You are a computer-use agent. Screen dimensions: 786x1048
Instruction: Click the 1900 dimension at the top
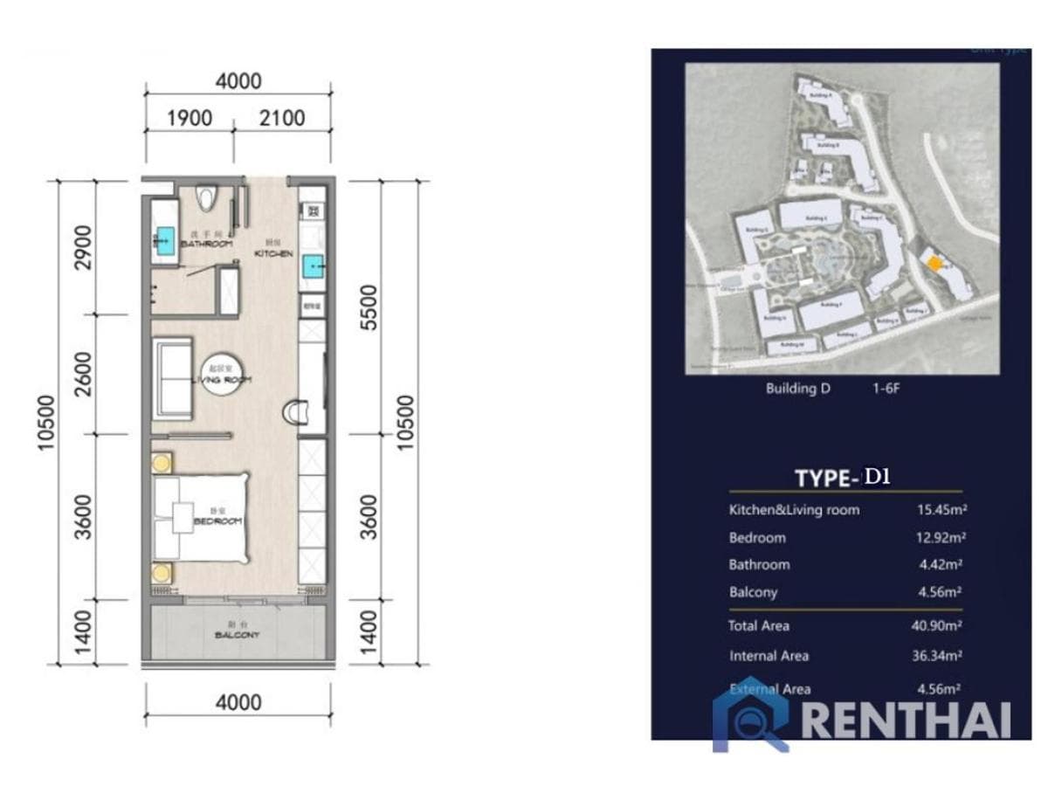[x=190, y=118]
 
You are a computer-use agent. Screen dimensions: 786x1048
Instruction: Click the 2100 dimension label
[x=282, y=118]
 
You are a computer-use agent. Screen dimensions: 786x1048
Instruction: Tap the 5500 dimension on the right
[x=370, y=306]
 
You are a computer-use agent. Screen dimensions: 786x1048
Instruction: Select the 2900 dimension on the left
[x=83, y=248]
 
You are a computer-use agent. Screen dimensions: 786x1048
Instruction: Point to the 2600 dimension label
[x=83, y=374]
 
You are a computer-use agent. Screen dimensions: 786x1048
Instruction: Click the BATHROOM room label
[x=206, y=244]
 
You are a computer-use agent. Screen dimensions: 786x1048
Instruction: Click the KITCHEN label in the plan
[x=273, y=252]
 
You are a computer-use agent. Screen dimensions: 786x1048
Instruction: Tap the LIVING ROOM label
[x=222, y=379]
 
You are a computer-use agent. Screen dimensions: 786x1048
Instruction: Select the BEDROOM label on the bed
[x=217, y=521]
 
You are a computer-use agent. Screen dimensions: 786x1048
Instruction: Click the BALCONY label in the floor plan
[x=237, y=635]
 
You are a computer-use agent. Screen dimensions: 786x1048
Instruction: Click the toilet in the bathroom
[x=206, y=198]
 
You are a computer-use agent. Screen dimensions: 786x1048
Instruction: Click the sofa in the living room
[x=173, y=376]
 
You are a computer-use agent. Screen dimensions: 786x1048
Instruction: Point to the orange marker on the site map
[x=934, y=264]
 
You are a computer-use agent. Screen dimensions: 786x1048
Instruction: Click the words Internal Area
[x=769, y=656]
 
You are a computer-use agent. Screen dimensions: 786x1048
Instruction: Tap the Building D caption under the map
[x=797, y=389]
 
